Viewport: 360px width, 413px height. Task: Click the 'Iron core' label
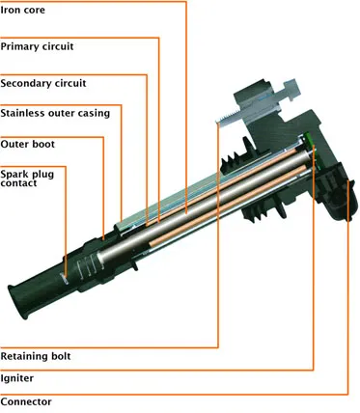tap(22, 10)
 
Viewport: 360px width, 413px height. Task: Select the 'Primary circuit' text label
tap(37, 46)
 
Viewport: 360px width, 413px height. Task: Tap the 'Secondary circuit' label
tap(43, 84)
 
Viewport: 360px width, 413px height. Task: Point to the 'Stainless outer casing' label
tap(55, 113)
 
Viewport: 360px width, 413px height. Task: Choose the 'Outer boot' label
tap(28, 144)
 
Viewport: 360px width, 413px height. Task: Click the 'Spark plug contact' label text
tap(27, 179)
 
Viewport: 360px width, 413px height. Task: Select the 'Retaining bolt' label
tap(36, 356)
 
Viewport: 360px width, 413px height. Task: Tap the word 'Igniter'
tap(17, 378)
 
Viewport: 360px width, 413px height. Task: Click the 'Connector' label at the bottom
tap(26, 402)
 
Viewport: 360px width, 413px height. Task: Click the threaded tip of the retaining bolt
tap(223, 119)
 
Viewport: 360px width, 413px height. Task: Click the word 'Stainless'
tap(22, 113)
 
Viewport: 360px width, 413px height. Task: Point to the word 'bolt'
tap(61, 356)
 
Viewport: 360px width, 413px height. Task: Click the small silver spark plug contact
tap(65, 279)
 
